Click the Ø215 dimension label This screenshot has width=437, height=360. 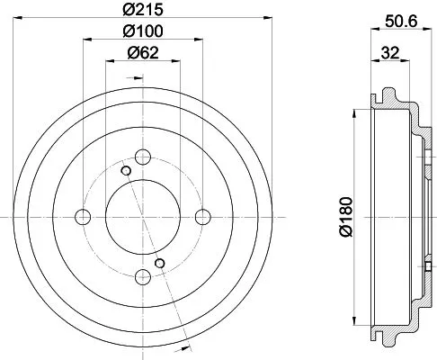coord(144,13)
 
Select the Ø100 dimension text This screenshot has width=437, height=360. coord(144,32)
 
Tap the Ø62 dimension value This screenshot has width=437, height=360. coord(144,53)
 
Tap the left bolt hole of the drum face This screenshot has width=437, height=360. coord(84,216)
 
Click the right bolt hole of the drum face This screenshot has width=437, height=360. coord(203,216)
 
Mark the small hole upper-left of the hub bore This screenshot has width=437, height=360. coord(127,170)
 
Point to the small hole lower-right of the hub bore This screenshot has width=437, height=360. coord(160,263)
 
